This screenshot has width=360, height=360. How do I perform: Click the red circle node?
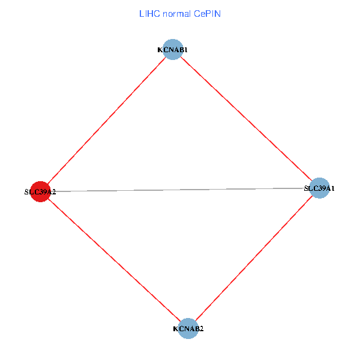pyautogui.click(x=40, y=192)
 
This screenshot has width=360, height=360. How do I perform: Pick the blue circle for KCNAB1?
pyautogui.click(x=173, y=50)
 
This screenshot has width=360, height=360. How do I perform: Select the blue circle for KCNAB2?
pyautogui.click(x=188, y=328)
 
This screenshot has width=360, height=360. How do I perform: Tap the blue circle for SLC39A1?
pyautogui.click(x=319, y=188)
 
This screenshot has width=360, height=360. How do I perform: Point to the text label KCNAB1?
pyautogui.click(x=173, y=50)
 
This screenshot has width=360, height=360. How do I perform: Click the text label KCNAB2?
pyautogui.click(x=188, y=329)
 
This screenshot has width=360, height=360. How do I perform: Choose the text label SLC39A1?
pyautogui.click(x=319, y=188)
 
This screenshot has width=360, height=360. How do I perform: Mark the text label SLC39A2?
pyautogui.click(x=40, y=192)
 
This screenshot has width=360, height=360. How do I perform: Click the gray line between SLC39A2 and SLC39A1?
pyautogui.click(x=180, y=190)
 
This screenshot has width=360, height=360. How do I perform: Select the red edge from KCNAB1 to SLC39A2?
pyautogui.click(x=107, y=121)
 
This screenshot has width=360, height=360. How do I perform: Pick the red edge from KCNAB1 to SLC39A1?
pyautogui.click(x=246, y=119)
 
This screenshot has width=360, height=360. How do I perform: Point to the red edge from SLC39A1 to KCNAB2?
pyautogui.click(x=254, y=258)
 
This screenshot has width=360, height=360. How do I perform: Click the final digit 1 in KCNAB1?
pyautogui.click(x=186, y=50)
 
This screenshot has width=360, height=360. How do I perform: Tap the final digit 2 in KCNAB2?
pyautogui.click(x=202, y=329)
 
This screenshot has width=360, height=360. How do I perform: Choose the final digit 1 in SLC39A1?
pyautogui.click(x=332, y=188)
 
